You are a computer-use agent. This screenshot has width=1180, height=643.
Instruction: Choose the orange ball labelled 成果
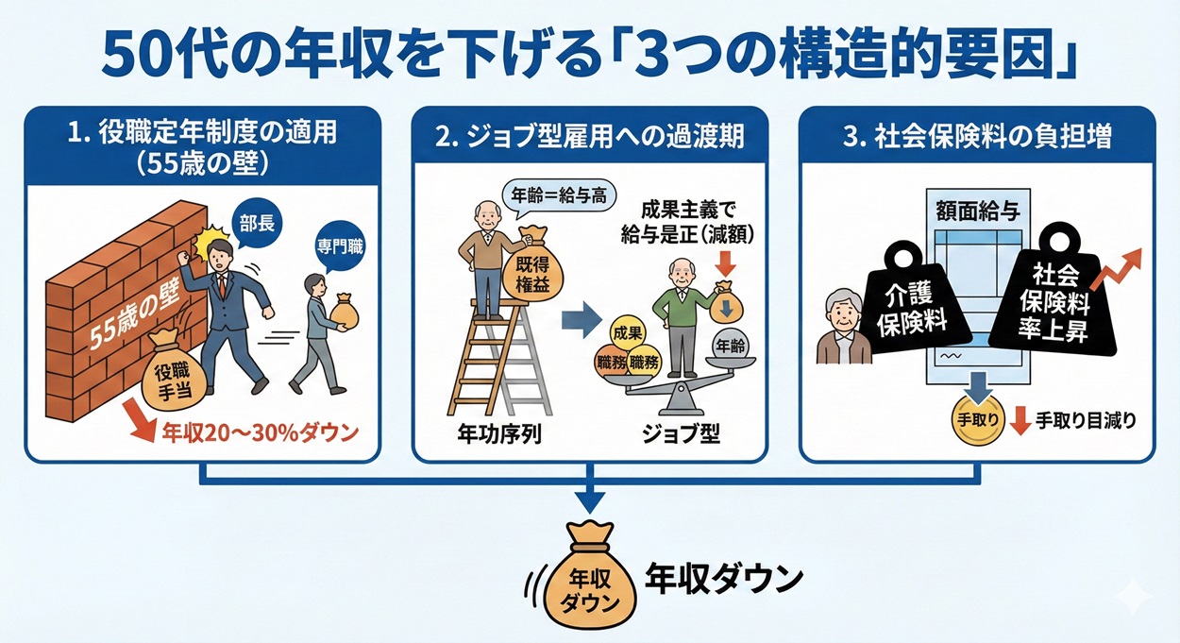[x=628, y=333]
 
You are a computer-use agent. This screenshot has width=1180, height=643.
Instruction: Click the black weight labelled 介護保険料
[x=915, y=308]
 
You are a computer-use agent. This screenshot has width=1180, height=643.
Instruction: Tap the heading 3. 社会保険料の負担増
[x=976, y=137]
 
